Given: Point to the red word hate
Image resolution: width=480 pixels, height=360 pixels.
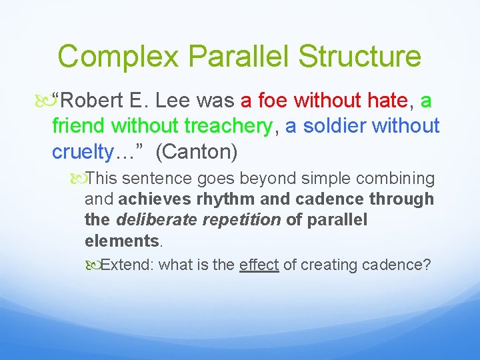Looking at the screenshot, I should coord(387,101).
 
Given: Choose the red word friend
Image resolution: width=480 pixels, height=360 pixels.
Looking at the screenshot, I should coord(79,126).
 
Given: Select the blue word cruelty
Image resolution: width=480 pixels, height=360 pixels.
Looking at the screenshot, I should coord(81,152).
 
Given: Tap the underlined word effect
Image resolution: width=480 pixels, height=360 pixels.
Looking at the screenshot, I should coord(259,265).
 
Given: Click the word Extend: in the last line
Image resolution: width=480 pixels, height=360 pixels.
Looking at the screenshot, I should coord(128,265).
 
